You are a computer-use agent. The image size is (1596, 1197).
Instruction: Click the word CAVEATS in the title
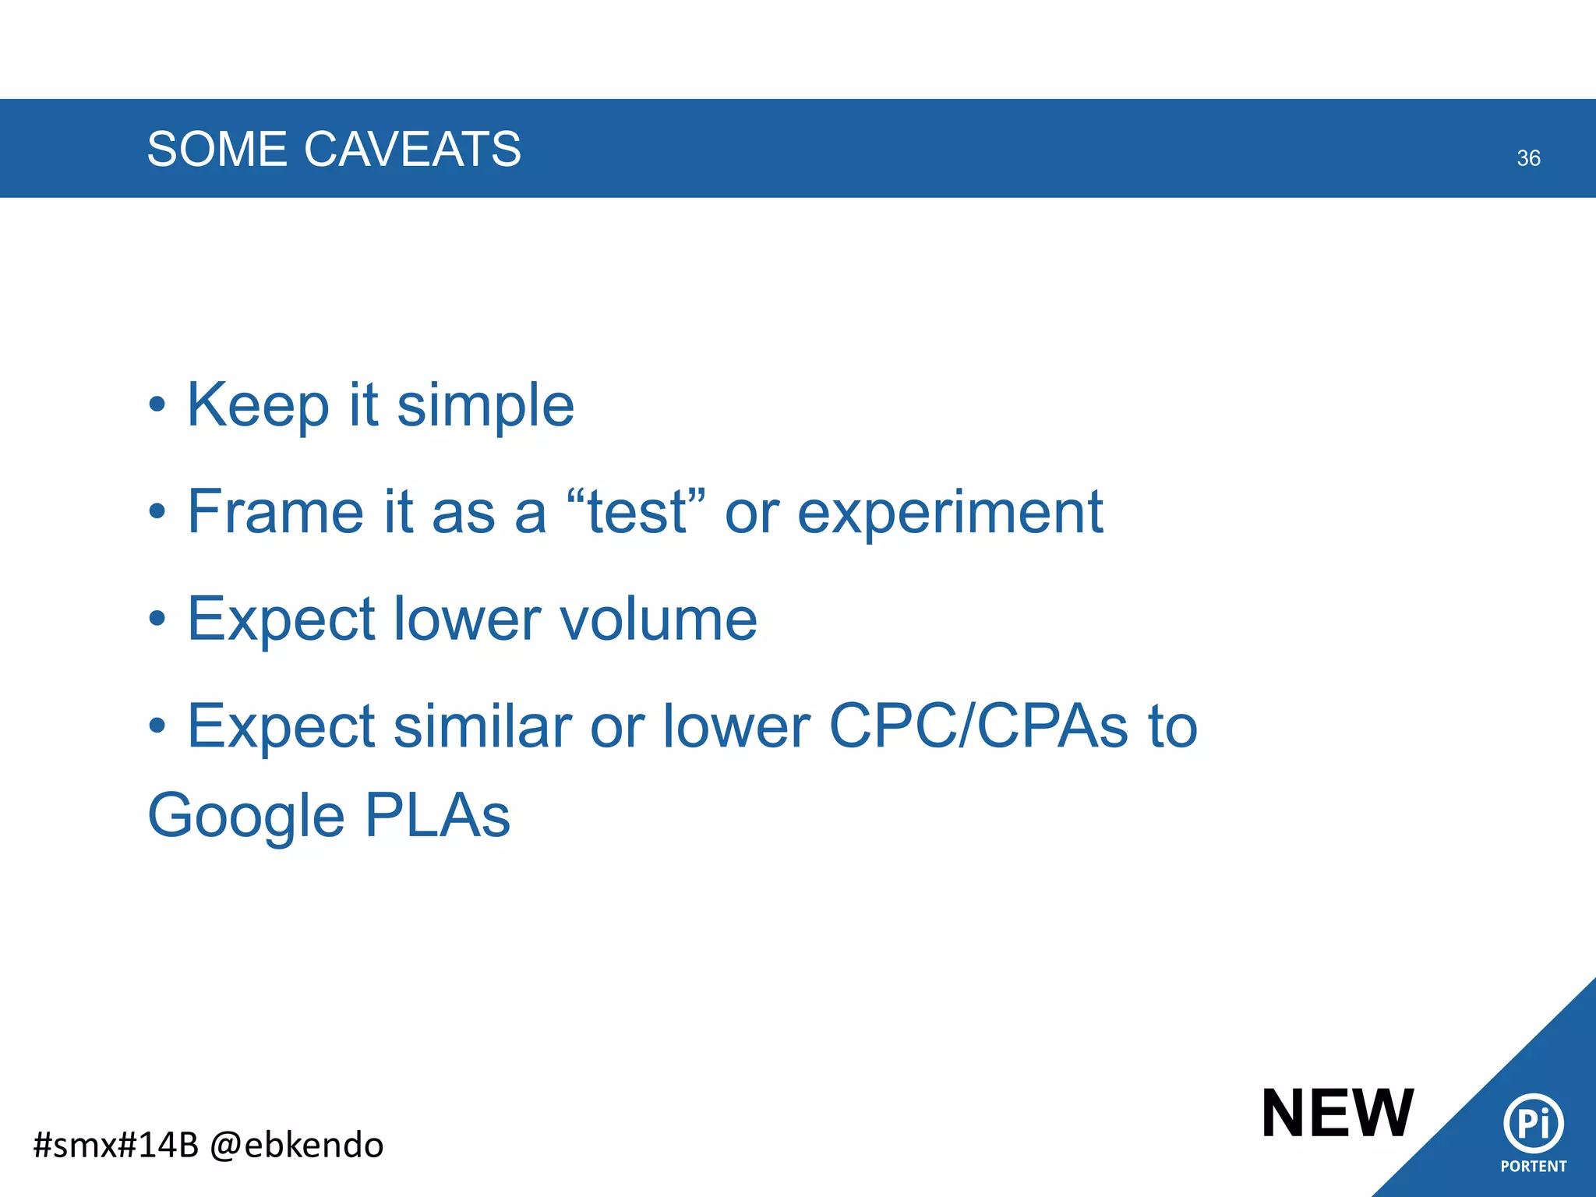(412, 149)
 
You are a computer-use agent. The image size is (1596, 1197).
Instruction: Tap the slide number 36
(1528, 158)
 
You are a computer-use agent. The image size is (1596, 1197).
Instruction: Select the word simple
(486, 406)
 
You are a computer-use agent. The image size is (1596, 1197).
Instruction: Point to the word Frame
(275, 512)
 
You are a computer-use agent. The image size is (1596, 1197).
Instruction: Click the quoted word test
(637, 512)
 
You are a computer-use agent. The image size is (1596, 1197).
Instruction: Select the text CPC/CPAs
(978, 726)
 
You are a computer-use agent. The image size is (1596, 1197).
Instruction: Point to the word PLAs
(437, 816)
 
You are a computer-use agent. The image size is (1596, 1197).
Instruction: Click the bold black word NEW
(1337, 1114)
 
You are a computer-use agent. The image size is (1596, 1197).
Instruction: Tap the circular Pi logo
(1533, 1123)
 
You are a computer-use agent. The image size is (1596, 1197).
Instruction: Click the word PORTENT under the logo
(1533, 1167)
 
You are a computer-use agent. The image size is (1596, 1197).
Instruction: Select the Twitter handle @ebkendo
(297, 1146)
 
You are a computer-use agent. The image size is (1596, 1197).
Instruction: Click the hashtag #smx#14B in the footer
(116, 1146)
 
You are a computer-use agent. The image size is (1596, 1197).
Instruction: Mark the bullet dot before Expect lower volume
(157, 620)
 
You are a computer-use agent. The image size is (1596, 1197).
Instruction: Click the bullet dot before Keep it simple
(157, 406)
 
